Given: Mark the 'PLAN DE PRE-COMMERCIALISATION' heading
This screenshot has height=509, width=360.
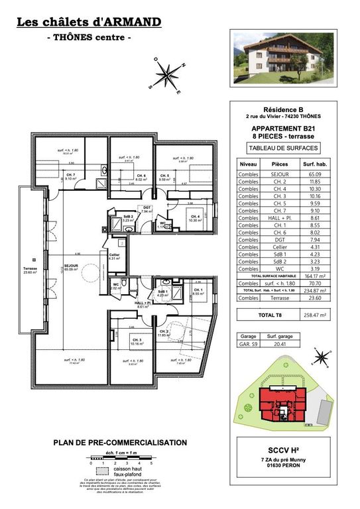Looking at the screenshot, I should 120,443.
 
